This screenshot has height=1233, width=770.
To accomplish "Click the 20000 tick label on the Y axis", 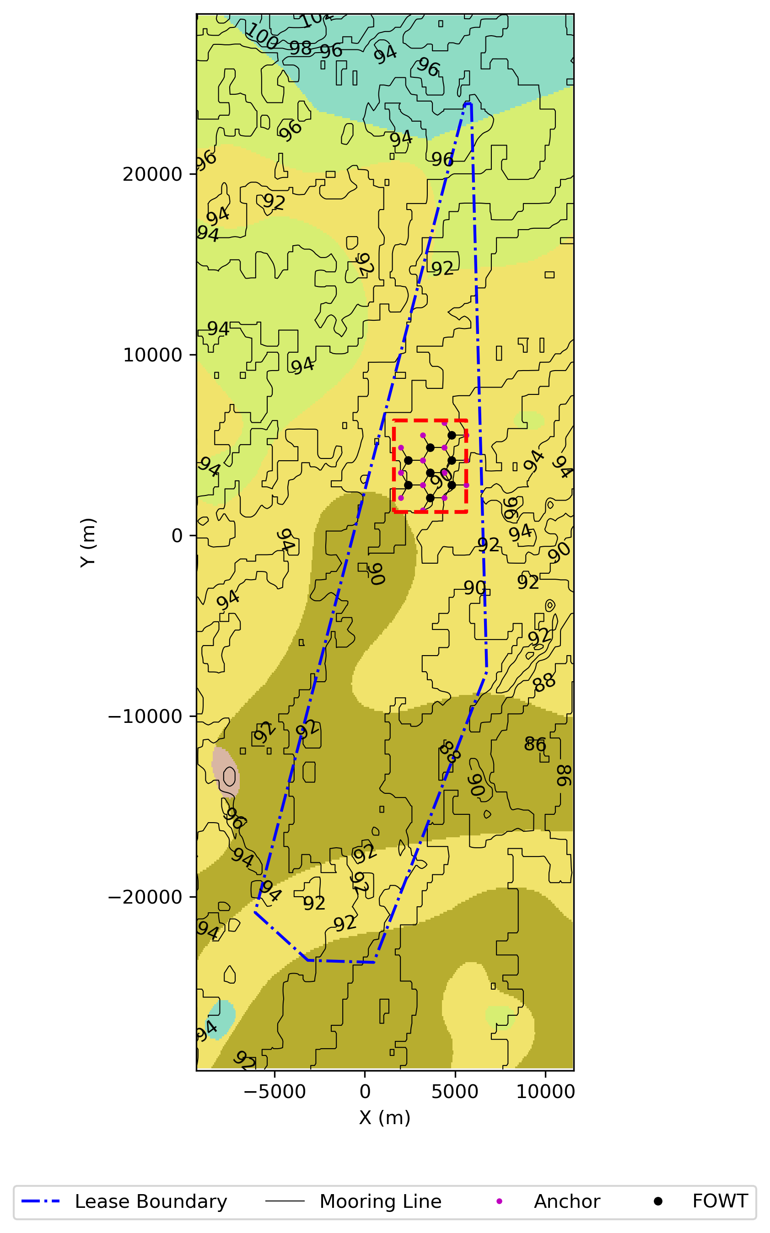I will (152, 174).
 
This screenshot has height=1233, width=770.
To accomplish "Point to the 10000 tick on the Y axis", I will (153, 355).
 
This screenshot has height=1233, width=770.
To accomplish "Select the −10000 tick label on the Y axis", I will (145, 716).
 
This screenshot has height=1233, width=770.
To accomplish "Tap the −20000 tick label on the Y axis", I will (145, 897).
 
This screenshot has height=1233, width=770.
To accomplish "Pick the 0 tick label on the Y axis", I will (177, 536).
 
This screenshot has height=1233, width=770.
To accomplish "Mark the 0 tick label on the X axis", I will (365, 1092).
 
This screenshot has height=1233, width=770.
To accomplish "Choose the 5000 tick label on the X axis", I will (455, 1092).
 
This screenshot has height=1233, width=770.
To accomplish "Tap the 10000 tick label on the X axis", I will (545, 1092).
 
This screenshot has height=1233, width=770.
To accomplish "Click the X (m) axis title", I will (384, 1118).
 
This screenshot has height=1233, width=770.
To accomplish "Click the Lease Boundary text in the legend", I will (151, 1202).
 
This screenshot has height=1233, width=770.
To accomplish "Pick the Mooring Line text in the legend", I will (380, 1202).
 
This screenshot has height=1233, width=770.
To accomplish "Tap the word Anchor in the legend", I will (567, 1202).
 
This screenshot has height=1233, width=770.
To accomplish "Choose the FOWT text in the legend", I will (720, 1201).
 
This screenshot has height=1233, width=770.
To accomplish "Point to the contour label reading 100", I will (262, 37).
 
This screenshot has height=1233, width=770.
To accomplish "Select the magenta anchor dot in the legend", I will (499, 1202).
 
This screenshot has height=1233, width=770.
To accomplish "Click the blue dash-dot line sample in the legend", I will (41, 1202).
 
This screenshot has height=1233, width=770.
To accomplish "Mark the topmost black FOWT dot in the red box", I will (452, 436).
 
